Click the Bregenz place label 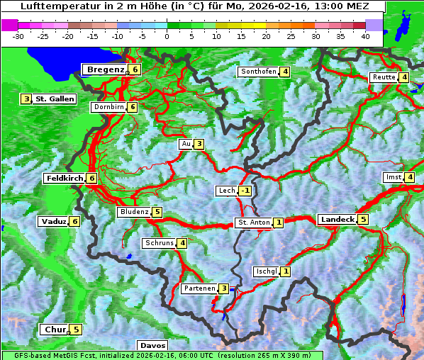click(106, 69)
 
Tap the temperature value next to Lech click(245, 191)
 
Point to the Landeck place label click(337, 220)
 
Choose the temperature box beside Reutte click(403, 77)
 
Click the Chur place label click(55, 330)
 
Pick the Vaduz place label click(54, 222)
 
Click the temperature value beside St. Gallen click(27, 99)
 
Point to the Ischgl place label click(266, 271)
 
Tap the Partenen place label click(199, 288)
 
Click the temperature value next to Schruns click(182, 243)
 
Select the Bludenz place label click(135, 212)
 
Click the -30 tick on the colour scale click(18, 36)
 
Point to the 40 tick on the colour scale click(365, 36)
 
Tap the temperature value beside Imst click(410, 177)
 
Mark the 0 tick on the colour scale click(167, 36)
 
